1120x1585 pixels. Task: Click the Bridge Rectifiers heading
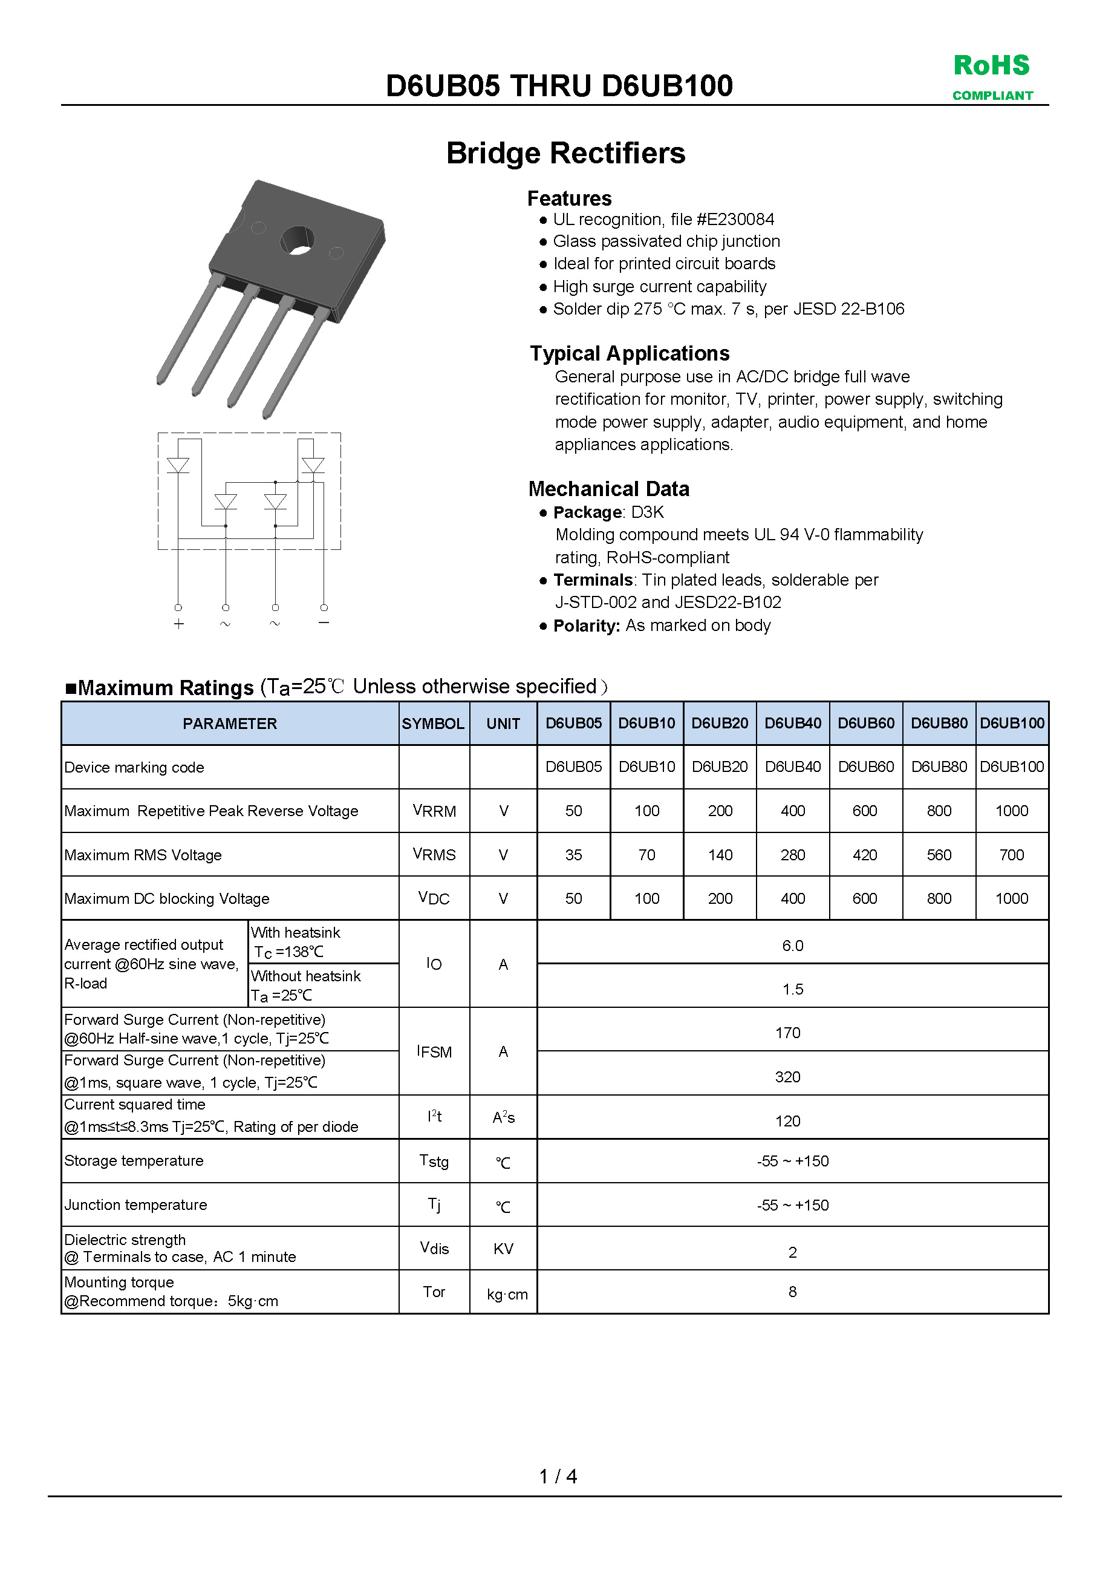(565, 153)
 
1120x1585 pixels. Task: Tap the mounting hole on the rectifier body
(298, 241)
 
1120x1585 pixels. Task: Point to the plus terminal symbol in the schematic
(179, 624)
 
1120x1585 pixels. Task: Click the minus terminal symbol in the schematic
(324, 623)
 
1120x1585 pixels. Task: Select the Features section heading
(569, 199)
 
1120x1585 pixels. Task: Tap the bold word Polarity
(587, 626)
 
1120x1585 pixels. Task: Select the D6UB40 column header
(792, 723)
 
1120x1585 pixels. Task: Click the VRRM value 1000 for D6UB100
(1011, 811)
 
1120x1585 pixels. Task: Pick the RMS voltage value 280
(792, 855)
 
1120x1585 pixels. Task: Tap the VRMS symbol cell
(434, 855)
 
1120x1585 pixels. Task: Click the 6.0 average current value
(792, 946)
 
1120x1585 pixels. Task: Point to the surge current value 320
(787, 1077)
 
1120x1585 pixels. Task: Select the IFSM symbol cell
(434, 1051)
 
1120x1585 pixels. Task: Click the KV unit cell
(503, 1249)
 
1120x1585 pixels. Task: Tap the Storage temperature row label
(134, 1161)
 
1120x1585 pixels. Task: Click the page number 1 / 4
(558, 1476)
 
